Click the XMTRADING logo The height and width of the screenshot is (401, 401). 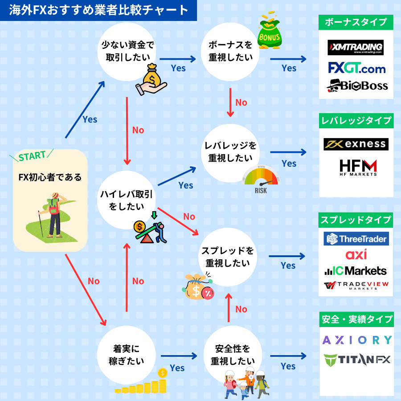356,47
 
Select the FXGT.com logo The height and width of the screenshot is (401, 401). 356,68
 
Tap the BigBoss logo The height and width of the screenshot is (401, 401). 357,86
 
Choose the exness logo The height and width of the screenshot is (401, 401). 356,144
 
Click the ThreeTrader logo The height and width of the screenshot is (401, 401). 356,239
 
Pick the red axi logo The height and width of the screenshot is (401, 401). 356,255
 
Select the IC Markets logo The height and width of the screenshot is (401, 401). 356,270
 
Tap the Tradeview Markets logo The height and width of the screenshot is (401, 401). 356,286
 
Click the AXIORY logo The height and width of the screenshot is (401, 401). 357,340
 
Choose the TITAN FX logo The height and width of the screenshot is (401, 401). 357,359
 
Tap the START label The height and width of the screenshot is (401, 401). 32,156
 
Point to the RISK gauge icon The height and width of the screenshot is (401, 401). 261,180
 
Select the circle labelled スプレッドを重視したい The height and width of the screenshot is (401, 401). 227,257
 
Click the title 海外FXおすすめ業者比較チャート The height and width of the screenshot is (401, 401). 98,10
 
